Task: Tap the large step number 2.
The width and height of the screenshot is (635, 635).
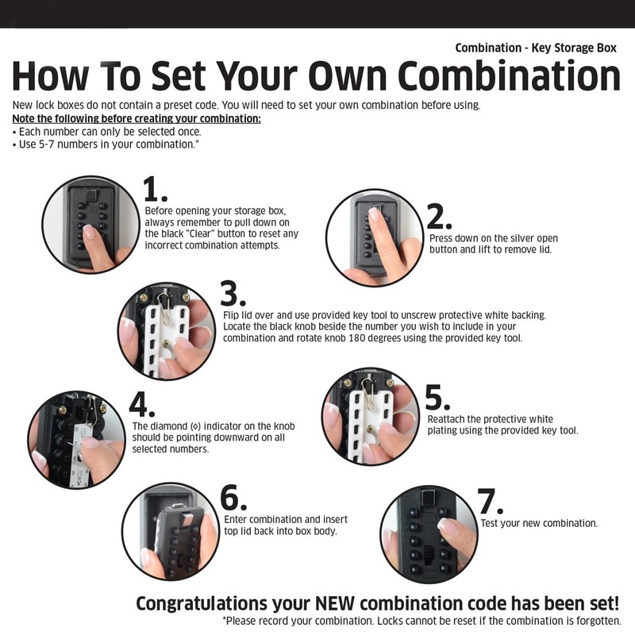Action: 439,217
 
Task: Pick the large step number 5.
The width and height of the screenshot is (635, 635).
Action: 437,397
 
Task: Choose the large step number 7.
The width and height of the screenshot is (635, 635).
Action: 491,502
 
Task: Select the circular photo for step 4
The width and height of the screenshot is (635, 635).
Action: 77,438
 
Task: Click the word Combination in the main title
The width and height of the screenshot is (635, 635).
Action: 509,76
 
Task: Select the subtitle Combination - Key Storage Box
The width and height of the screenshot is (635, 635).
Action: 536,48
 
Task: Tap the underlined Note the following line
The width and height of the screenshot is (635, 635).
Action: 137,118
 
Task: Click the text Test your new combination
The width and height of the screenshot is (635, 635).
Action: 539,524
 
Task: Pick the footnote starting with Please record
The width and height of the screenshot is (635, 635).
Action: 421,621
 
